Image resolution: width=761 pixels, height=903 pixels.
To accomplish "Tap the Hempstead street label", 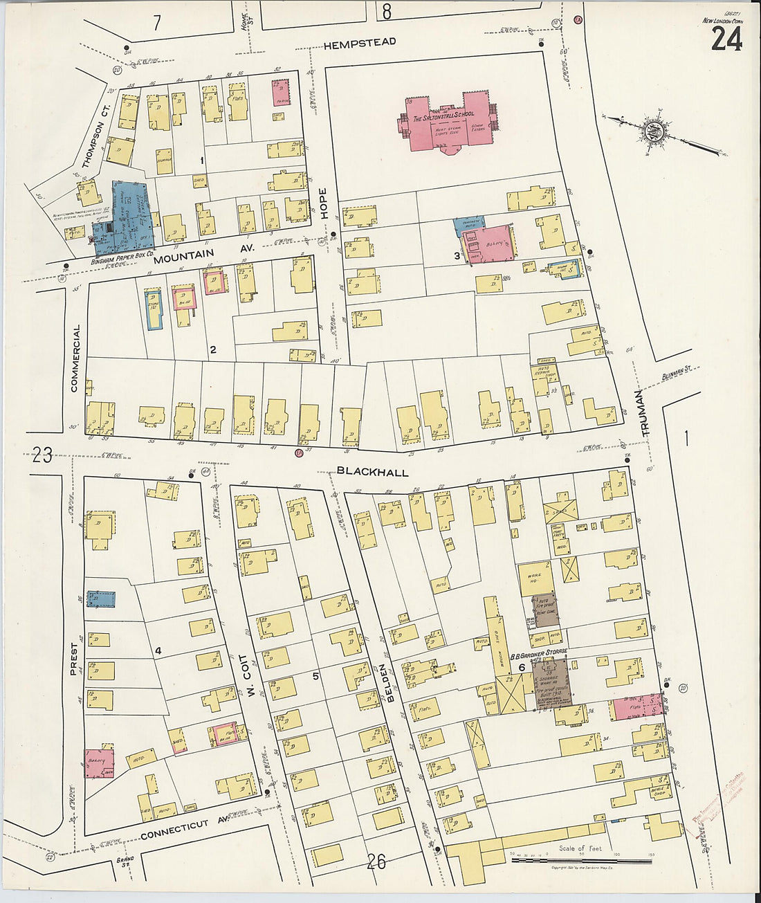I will (x=360, y=42).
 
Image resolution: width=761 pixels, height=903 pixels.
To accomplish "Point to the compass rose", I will (x=651, y=131).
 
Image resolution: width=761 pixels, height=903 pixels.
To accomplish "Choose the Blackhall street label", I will (x=373, y=472).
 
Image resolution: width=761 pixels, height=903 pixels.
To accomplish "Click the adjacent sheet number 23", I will (x=42, y=455).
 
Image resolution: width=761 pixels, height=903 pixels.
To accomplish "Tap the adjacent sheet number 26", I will (x=376, y=861).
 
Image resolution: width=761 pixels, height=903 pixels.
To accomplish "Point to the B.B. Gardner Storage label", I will (x=539, y=652).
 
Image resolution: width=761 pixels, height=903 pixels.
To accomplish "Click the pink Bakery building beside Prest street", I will (x=99, y=763).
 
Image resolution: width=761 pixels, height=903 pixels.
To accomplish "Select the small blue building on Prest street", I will (x=101, y=599).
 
